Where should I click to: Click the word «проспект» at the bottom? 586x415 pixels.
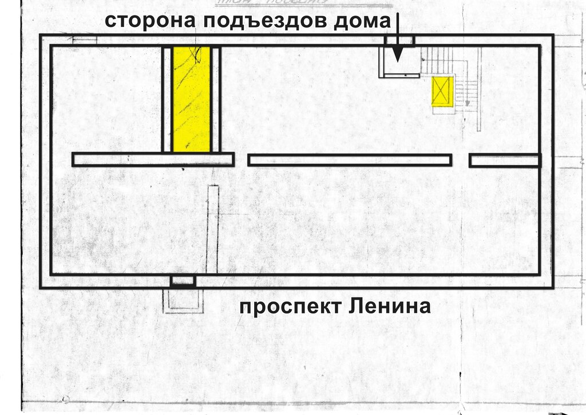[x=290, y=307]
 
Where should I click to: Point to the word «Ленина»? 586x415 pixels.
[x=389, y=307]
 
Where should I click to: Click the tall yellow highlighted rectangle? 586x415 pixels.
[x=192, y=99]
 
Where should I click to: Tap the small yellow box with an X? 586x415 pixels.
[x=442, y=91]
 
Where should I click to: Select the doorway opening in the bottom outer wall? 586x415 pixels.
[x=183, y=281]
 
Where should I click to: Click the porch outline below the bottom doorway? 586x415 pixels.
[x=183, y=301]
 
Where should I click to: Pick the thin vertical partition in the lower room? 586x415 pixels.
[x=213, y=229]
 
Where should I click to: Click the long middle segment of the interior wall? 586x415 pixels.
[x=350, y=160]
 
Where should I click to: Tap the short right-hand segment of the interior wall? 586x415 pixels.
[x=505, y=160]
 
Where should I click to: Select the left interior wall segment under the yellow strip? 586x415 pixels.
[x=153, y=159]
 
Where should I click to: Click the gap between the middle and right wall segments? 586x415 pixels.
[x=461, y=160]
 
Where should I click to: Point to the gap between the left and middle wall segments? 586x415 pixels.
[x=241, y=160]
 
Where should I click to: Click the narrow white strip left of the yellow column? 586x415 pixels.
[x=167, y=99]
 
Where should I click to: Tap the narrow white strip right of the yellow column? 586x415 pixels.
[x=216, y=99]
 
